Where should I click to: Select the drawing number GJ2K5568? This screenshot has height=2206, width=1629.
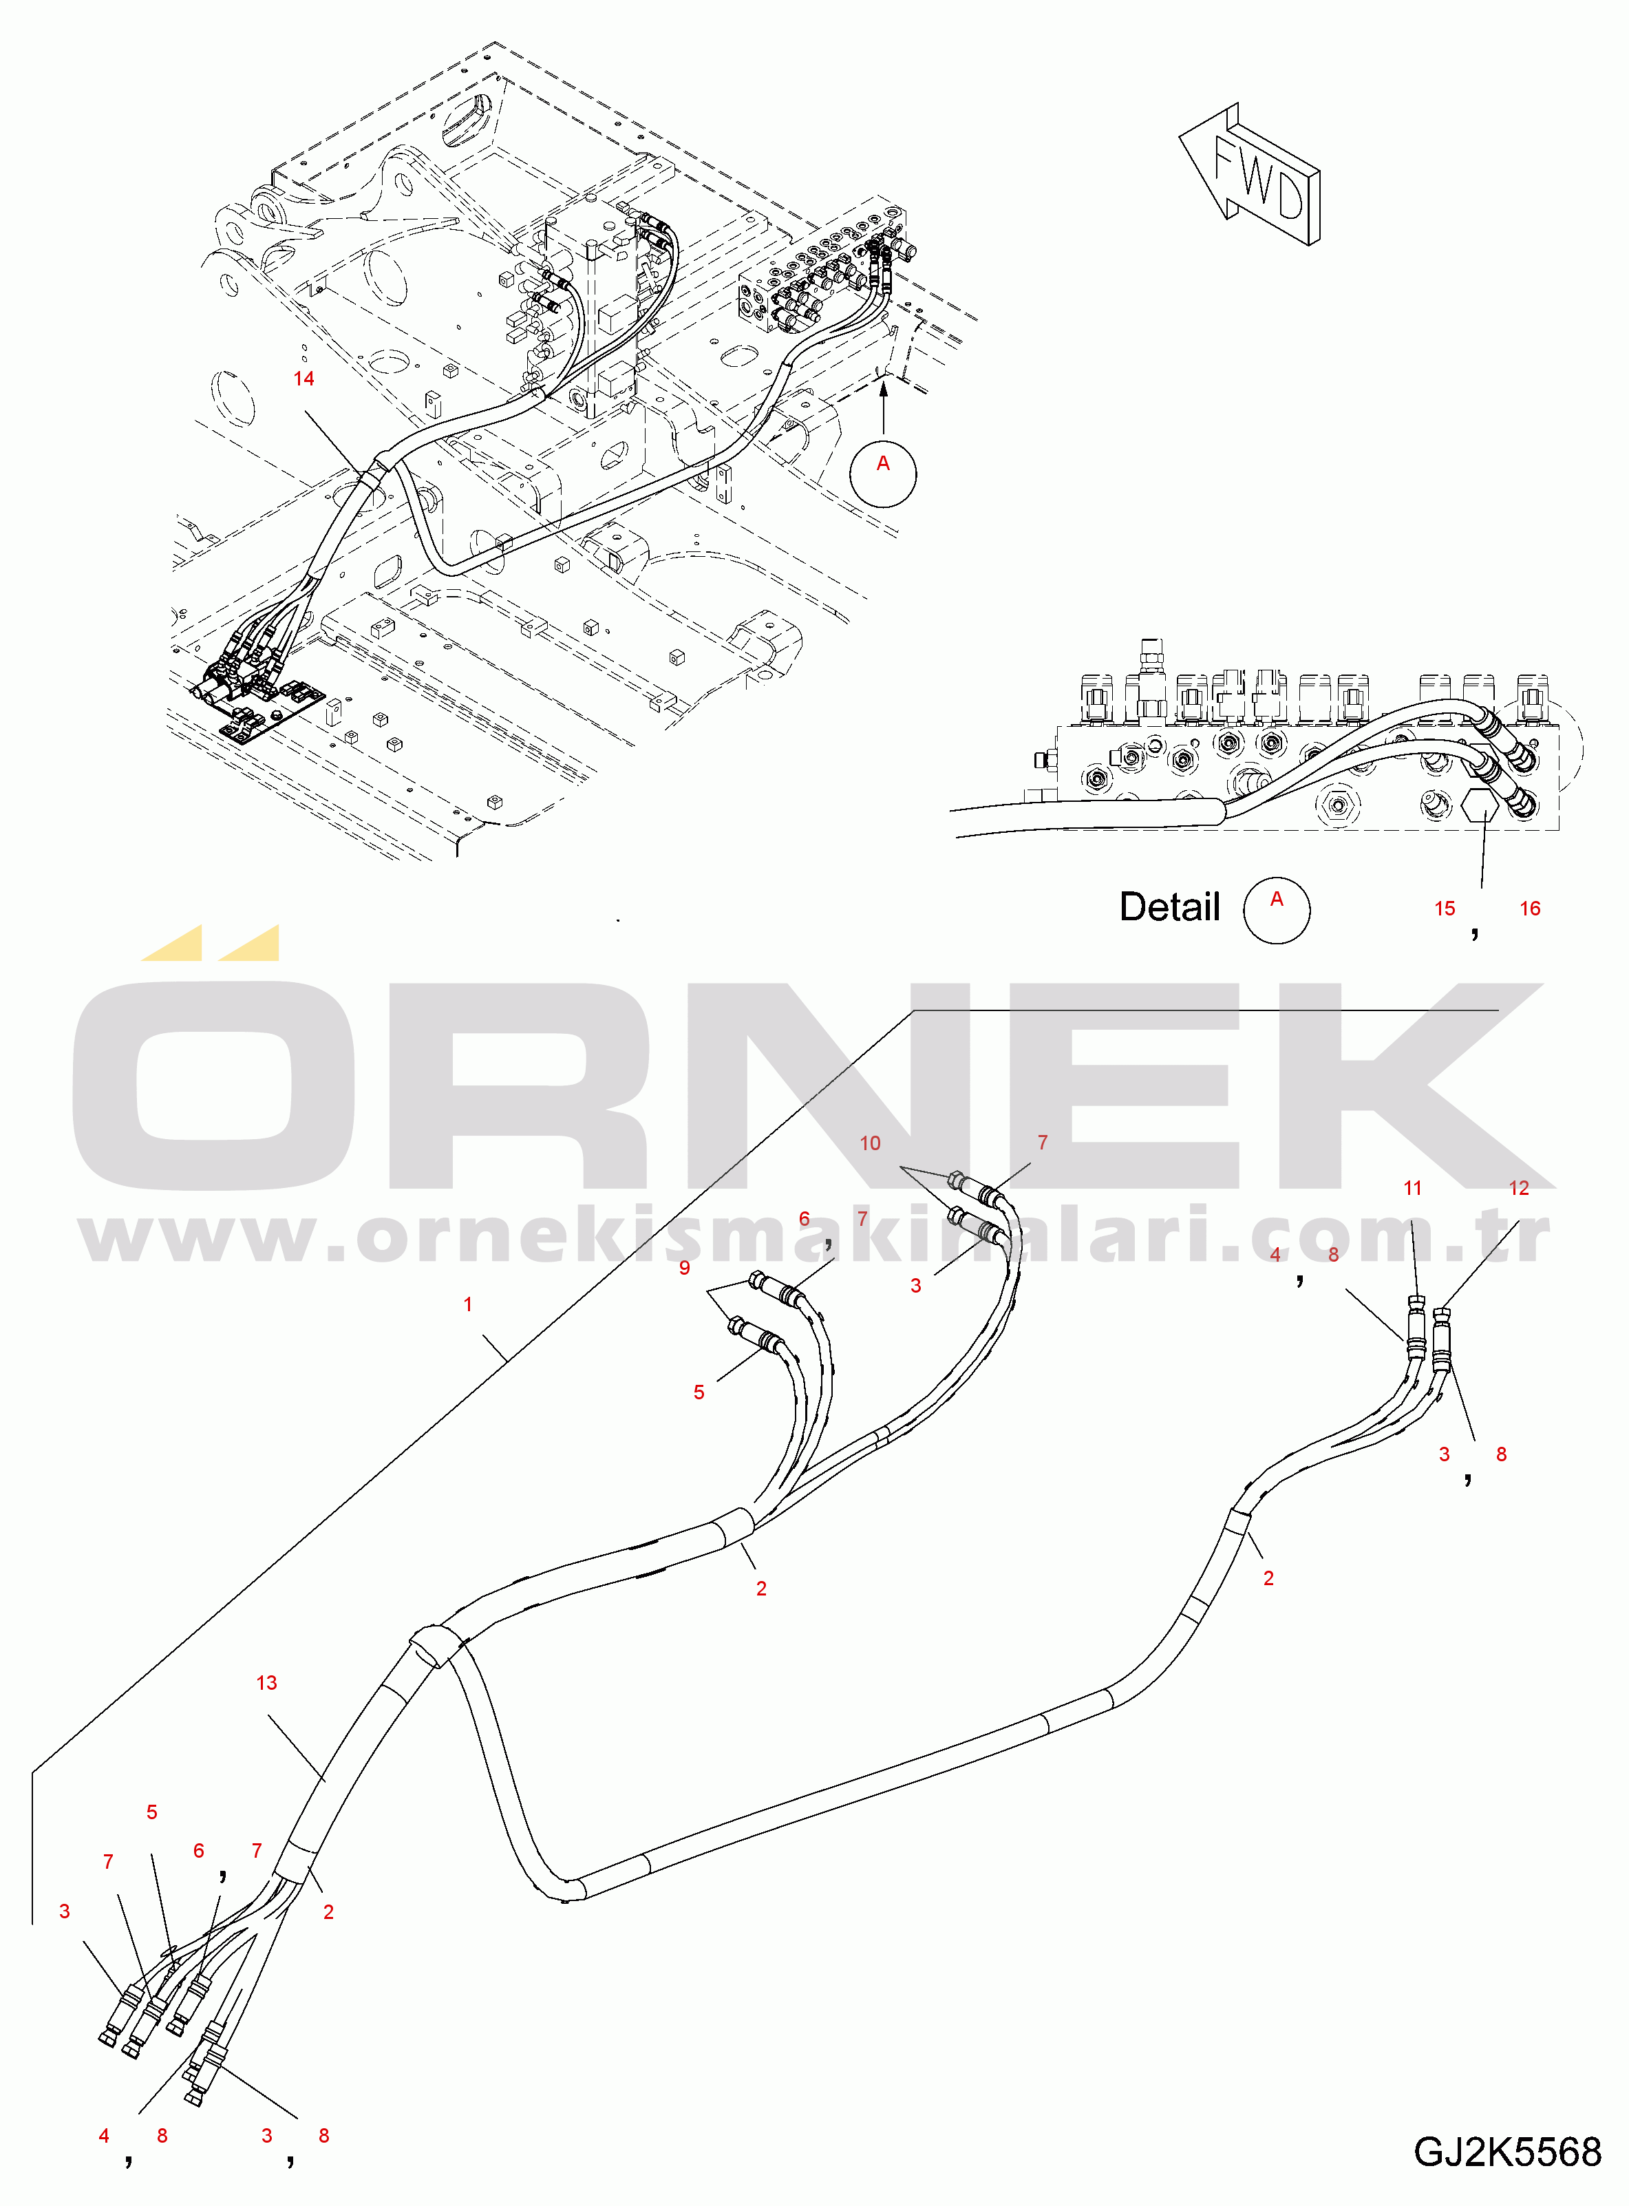1506,2152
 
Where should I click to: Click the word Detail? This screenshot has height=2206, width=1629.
1169,907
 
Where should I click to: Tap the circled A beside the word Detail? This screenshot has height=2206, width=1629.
1276,909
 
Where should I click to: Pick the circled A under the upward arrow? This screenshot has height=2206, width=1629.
882,474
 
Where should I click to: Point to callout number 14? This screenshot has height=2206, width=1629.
304,379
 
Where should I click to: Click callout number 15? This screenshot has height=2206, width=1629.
1445,909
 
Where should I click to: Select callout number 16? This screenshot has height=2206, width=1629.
1529,909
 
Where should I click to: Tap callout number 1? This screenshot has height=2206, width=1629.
467,1304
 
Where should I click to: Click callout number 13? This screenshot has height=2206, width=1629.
266,1682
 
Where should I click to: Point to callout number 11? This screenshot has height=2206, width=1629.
1412,1188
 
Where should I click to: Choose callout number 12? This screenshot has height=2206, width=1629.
1519,1188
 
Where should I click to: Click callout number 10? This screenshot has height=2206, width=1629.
870,1143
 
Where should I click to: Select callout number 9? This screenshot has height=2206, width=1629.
684,1267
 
